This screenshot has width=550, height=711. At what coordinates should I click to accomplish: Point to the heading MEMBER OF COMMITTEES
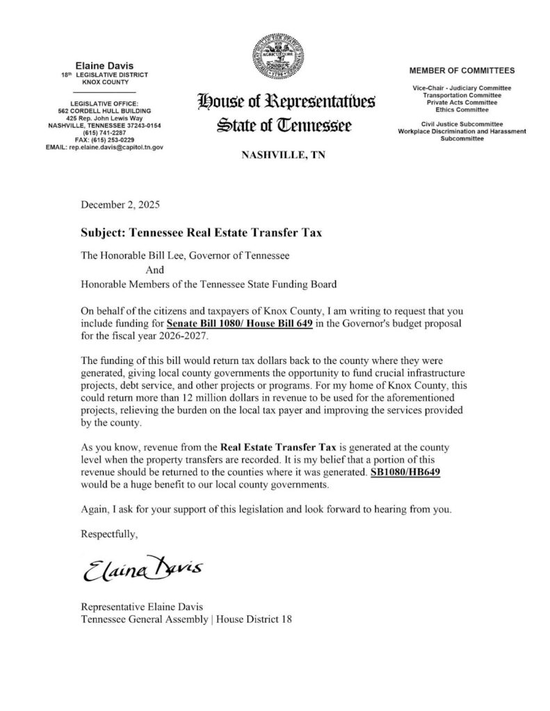click(x=462, y=71)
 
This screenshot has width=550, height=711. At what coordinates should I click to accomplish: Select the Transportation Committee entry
click(x=462, y=95)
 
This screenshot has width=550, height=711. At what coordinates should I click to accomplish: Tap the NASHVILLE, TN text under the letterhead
click(x=283, y=155)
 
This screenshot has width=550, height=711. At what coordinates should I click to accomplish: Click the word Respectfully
click(x=110, y=534)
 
